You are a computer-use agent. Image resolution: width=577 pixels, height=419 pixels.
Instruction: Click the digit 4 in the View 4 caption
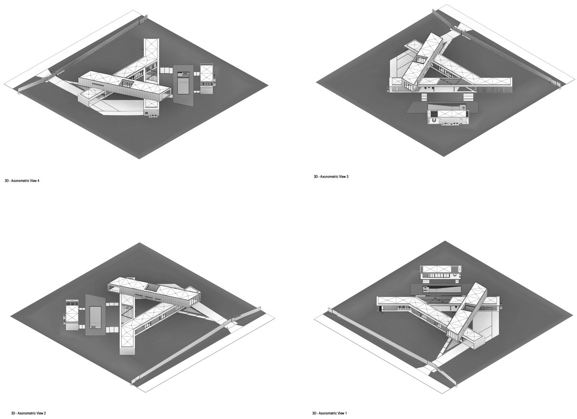click(38, 181)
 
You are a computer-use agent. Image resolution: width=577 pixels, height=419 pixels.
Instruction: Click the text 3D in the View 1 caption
click(314, 413)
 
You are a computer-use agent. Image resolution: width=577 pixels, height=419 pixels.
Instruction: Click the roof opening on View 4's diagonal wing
click(127, 84)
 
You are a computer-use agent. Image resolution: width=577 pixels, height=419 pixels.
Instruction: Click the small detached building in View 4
click(207, 78)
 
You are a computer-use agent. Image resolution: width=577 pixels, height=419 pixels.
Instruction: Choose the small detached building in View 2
click(72, 315)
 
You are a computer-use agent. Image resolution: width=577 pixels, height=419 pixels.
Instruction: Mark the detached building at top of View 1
click(440, 272)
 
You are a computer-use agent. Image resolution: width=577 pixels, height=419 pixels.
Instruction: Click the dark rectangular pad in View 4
click(183, 86)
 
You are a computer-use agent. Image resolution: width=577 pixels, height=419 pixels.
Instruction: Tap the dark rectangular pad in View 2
click(96, 315)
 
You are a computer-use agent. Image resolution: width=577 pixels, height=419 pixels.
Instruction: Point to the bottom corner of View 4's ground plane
click(139, 159)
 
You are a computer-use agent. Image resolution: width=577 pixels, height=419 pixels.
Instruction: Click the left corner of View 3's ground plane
click(316, 82)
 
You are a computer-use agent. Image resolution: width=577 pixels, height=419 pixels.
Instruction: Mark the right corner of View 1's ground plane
click(573, 315)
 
